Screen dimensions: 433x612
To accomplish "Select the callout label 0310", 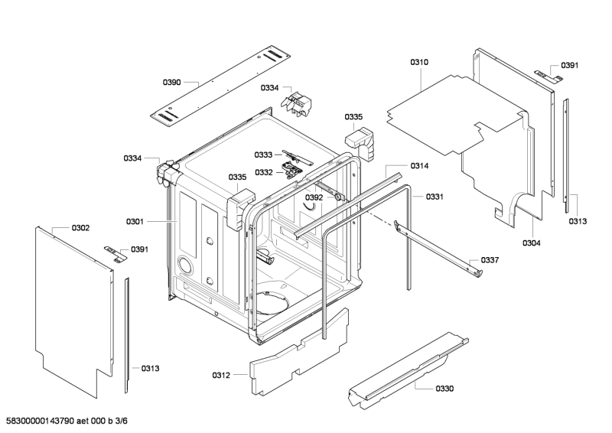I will pos(419,62).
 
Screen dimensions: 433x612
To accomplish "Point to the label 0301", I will pos(135,222).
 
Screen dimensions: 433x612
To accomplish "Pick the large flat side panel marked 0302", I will pos(73,306).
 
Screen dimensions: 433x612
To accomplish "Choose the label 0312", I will pos(221,375).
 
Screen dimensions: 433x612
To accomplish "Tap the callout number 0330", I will pos(444,389).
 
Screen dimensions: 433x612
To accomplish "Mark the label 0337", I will pos(490,260).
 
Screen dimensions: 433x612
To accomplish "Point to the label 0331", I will pos(435,197).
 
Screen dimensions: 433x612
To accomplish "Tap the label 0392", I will pos(314,197).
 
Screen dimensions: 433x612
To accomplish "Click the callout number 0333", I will pos(264,155).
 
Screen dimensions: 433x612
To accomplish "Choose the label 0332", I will pos(264,172).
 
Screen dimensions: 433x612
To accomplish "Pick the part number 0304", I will pos(532,243).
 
